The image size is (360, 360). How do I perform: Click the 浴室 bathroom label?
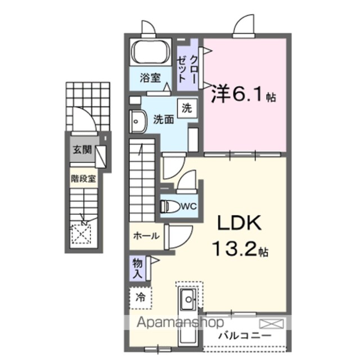(x=150, y=78)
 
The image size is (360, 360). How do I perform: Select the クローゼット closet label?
(x=187, y=69)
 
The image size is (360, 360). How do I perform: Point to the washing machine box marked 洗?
(x=187, y=108)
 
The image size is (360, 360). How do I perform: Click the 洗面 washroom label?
(x=164, y=119)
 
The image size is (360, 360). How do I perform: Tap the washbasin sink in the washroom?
(x=138, y=121)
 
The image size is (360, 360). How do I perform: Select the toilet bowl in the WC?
(x=170, y=206)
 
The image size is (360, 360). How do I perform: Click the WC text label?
(x=189, y=206)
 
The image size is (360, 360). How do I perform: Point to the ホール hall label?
(x=146, y=236)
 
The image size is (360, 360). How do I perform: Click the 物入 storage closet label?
(x=137, y=269)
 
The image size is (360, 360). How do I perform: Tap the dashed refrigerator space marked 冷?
(x=141, y=298)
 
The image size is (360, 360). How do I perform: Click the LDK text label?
(x=239, y=223)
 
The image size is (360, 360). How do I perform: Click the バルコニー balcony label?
(x=245, y=336)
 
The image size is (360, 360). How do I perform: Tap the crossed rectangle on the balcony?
(x=271, y=324)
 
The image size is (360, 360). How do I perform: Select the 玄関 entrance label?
(x=82, y=150)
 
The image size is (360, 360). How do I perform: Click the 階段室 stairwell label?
(x=83, y=178)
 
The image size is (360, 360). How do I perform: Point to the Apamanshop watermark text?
(x=180, y=323)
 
